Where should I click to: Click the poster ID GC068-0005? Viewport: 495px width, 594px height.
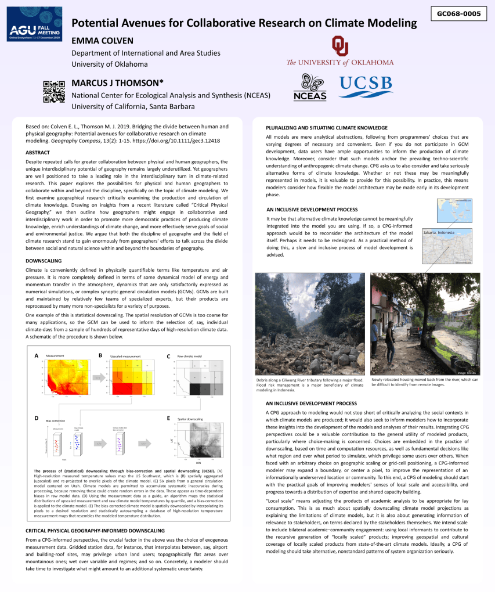458,13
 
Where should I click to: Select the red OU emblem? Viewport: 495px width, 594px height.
340,46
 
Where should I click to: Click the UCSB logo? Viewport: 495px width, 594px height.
366,87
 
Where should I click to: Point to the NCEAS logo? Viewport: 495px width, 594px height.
310,88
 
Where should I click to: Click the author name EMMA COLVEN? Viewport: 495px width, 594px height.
102,41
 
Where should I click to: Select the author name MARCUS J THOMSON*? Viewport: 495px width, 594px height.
117,83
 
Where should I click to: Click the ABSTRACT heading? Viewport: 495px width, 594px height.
38,152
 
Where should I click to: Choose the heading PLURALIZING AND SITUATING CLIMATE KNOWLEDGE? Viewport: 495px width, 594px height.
326,128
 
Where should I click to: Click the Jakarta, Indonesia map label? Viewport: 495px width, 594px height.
439,232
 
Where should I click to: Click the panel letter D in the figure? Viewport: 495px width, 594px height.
36,418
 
